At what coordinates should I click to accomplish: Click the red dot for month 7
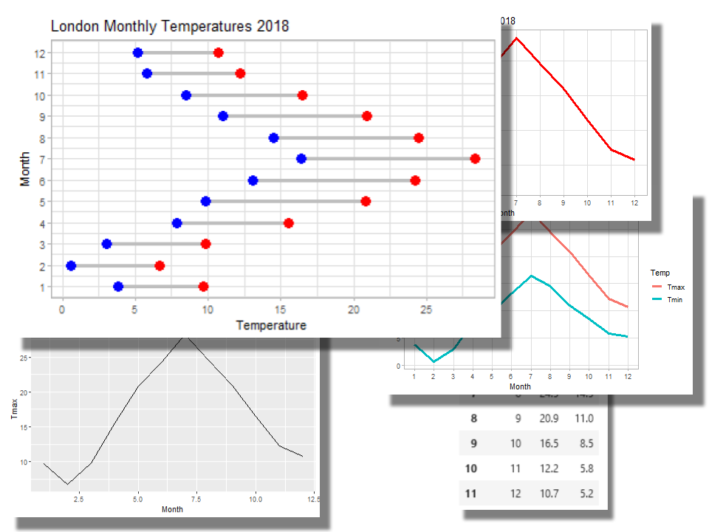click(x=475, y=159)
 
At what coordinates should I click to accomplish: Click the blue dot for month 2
click(x=71, y=266)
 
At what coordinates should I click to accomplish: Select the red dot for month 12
click(x=219, y=52)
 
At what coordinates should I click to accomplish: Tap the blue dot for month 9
click(x=223, y=116)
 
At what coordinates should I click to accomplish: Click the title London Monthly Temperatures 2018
click(x=170, y=27)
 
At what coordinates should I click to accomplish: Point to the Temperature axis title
click(x=270, y=325)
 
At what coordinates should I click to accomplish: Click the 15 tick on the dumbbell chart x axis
click(x=281, y=310)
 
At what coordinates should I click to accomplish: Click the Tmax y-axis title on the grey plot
click(x=14, y=408)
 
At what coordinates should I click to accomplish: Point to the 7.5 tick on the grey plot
click(x=196, y=499)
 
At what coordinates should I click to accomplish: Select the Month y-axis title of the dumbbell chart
click(x=26, y=168)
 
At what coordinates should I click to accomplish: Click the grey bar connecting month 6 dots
click(x=334, y=180)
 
